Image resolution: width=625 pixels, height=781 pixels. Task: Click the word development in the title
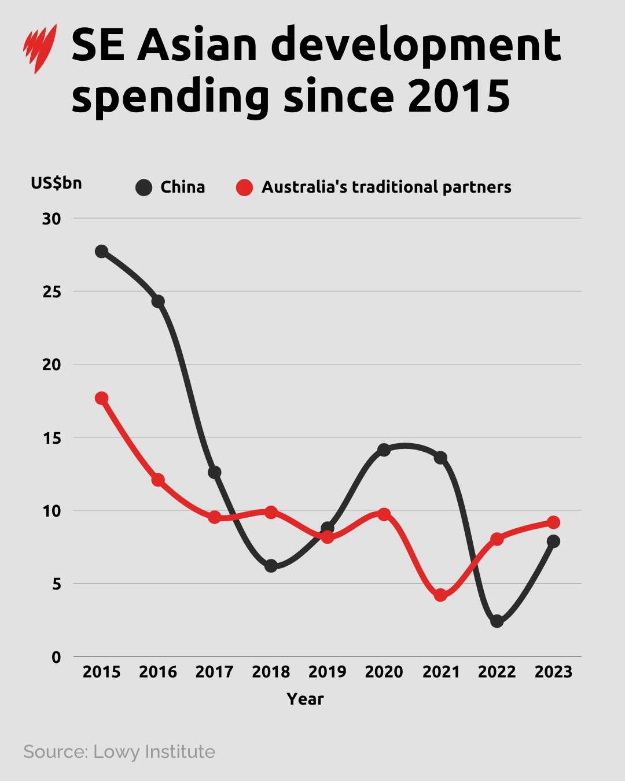point(416,46)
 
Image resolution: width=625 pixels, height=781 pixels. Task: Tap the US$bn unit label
point(56,183)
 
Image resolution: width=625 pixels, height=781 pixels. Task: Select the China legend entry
point(171,187)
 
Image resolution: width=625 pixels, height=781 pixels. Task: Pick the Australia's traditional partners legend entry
point(374,187)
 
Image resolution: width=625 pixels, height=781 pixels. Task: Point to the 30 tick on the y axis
point(52,219)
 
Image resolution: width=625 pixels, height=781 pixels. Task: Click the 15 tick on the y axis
point(52,438)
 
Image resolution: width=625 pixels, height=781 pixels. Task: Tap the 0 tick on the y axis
point(56,657)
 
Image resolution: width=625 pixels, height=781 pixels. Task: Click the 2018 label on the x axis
point(271,672)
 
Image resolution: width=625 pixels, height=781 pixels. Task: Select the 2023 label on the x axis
point(553,672)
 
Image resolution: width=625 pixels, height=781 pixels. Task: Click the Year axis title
point(305,699)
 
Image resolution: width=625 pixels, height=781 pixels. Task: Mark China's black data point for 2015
point(102,251)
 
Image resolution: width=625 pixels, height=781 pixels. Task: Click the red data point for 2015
point(102,398)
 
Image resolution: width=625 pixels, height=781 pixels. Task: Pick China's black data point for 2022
point(497,621)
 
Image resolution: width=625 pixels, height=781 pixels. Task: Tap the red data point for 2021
point(440,595)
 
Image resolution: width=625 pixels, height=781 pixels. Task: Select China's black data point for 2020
point(384,450)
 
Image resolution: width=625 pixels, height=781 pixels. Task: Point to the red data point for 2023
point(553,522)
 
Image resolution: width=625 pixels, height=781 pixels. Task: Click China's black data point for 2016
point(158,301)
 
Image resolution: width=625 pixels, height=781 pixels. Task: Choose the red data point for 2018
point(271,512)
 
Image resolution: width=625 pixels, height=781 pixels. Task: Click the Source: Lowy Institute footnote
point(119,751)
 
